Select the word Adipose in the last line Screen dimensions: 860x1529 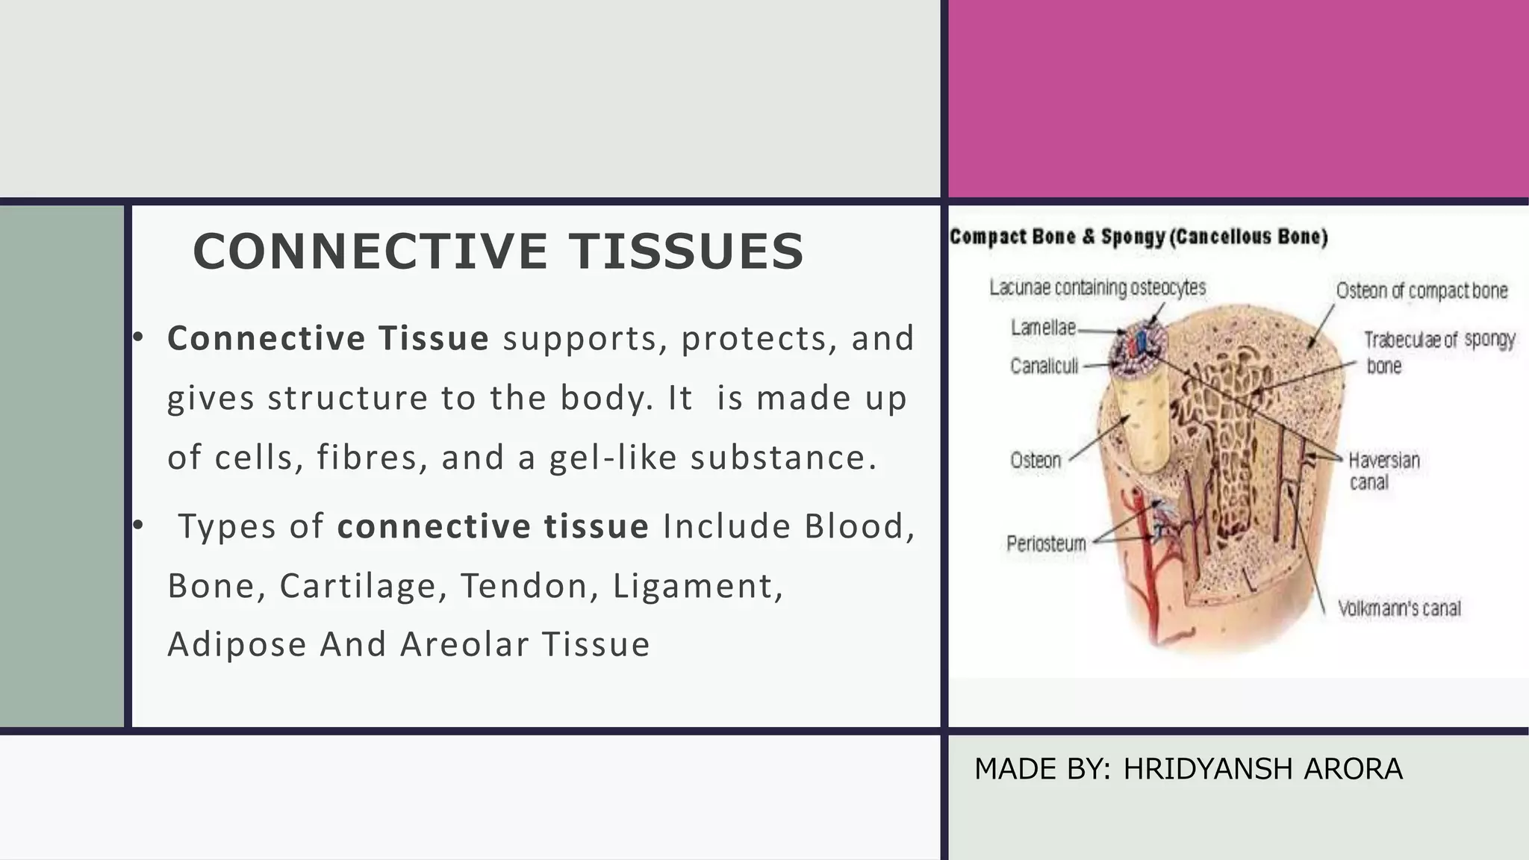click(237, 644)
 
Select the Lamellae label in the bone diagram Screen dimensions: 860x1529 click(1043, 328)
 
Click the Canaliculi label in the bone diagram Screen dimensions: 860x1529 click(1044, 366)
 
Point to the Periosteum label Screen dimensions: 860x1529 click(1046, 543)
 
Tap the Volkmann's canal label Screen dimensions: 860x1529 click(1399, 608)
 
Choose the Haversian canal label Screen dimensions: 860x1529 click(1383, 470)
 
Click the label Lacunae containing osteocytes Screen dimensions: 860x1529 click(1097, 287)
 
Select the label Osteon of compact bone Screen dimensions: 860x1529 click(1421, 290)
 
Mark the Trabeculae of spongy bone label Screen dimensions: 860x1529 click(1439, 352)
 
